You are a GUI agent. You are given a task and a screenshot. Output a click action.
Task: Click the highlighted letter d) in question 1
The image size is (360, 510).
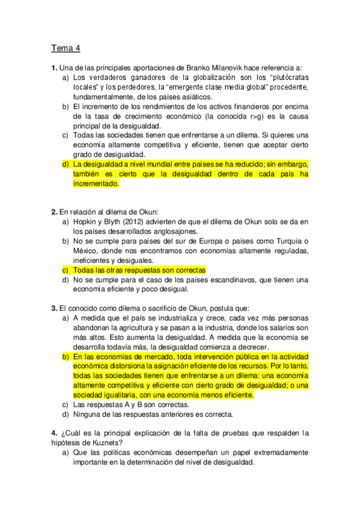click(66, 165)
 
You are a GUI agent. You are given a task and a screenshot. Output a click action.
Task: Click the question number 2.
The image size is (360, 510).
click(53, 212)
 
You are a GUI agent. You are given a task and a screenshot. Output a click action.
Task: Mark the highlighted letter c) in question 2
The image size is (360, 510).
click(66, 271)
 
